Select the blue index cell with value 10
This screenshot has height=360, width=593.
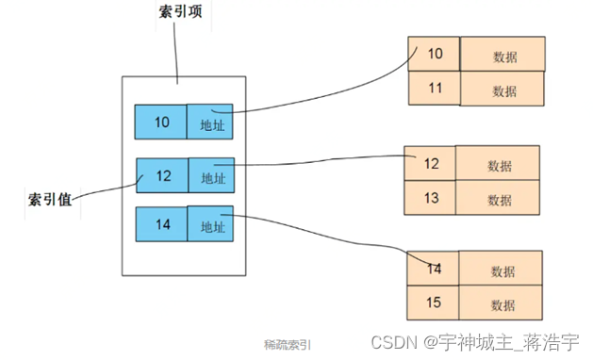161,121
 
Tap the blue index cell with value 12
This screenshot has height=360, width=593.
163,175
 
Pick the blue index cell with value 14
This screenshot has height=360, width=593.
161,224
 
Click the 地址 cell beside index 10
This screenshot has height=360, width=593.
210,121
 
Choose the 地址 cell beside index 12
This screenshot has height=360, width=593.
213,175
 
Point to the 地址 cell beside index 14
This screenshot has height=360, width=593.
210,224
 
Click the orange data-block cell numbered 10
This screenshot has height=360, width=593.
434,54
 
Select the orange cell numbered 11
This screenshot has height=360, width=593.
434,89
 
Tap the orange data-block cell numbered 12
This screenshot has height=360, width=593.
430,163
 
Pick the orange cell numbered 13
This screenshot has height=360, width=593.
430,198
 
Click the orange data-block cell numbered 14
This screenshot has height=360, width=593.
434,269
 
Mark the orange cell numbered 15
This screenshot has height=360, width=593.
434,303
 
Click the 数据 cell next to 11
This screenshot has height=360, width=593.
503,90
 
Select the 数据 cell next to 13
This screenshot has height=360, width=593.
499,199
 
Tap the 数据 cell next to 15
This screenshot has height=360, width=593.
503,304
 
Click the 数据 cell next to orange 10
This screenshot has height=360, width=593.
503,55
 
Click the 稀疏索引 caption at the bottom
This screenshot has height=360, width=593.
287,344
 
